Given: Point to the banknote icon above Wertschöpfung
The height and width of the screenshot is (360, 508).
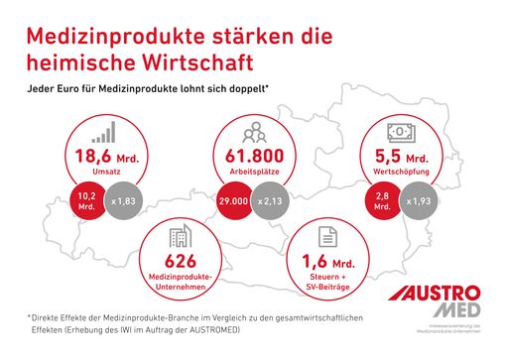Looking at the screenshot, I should click(399, 132).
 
